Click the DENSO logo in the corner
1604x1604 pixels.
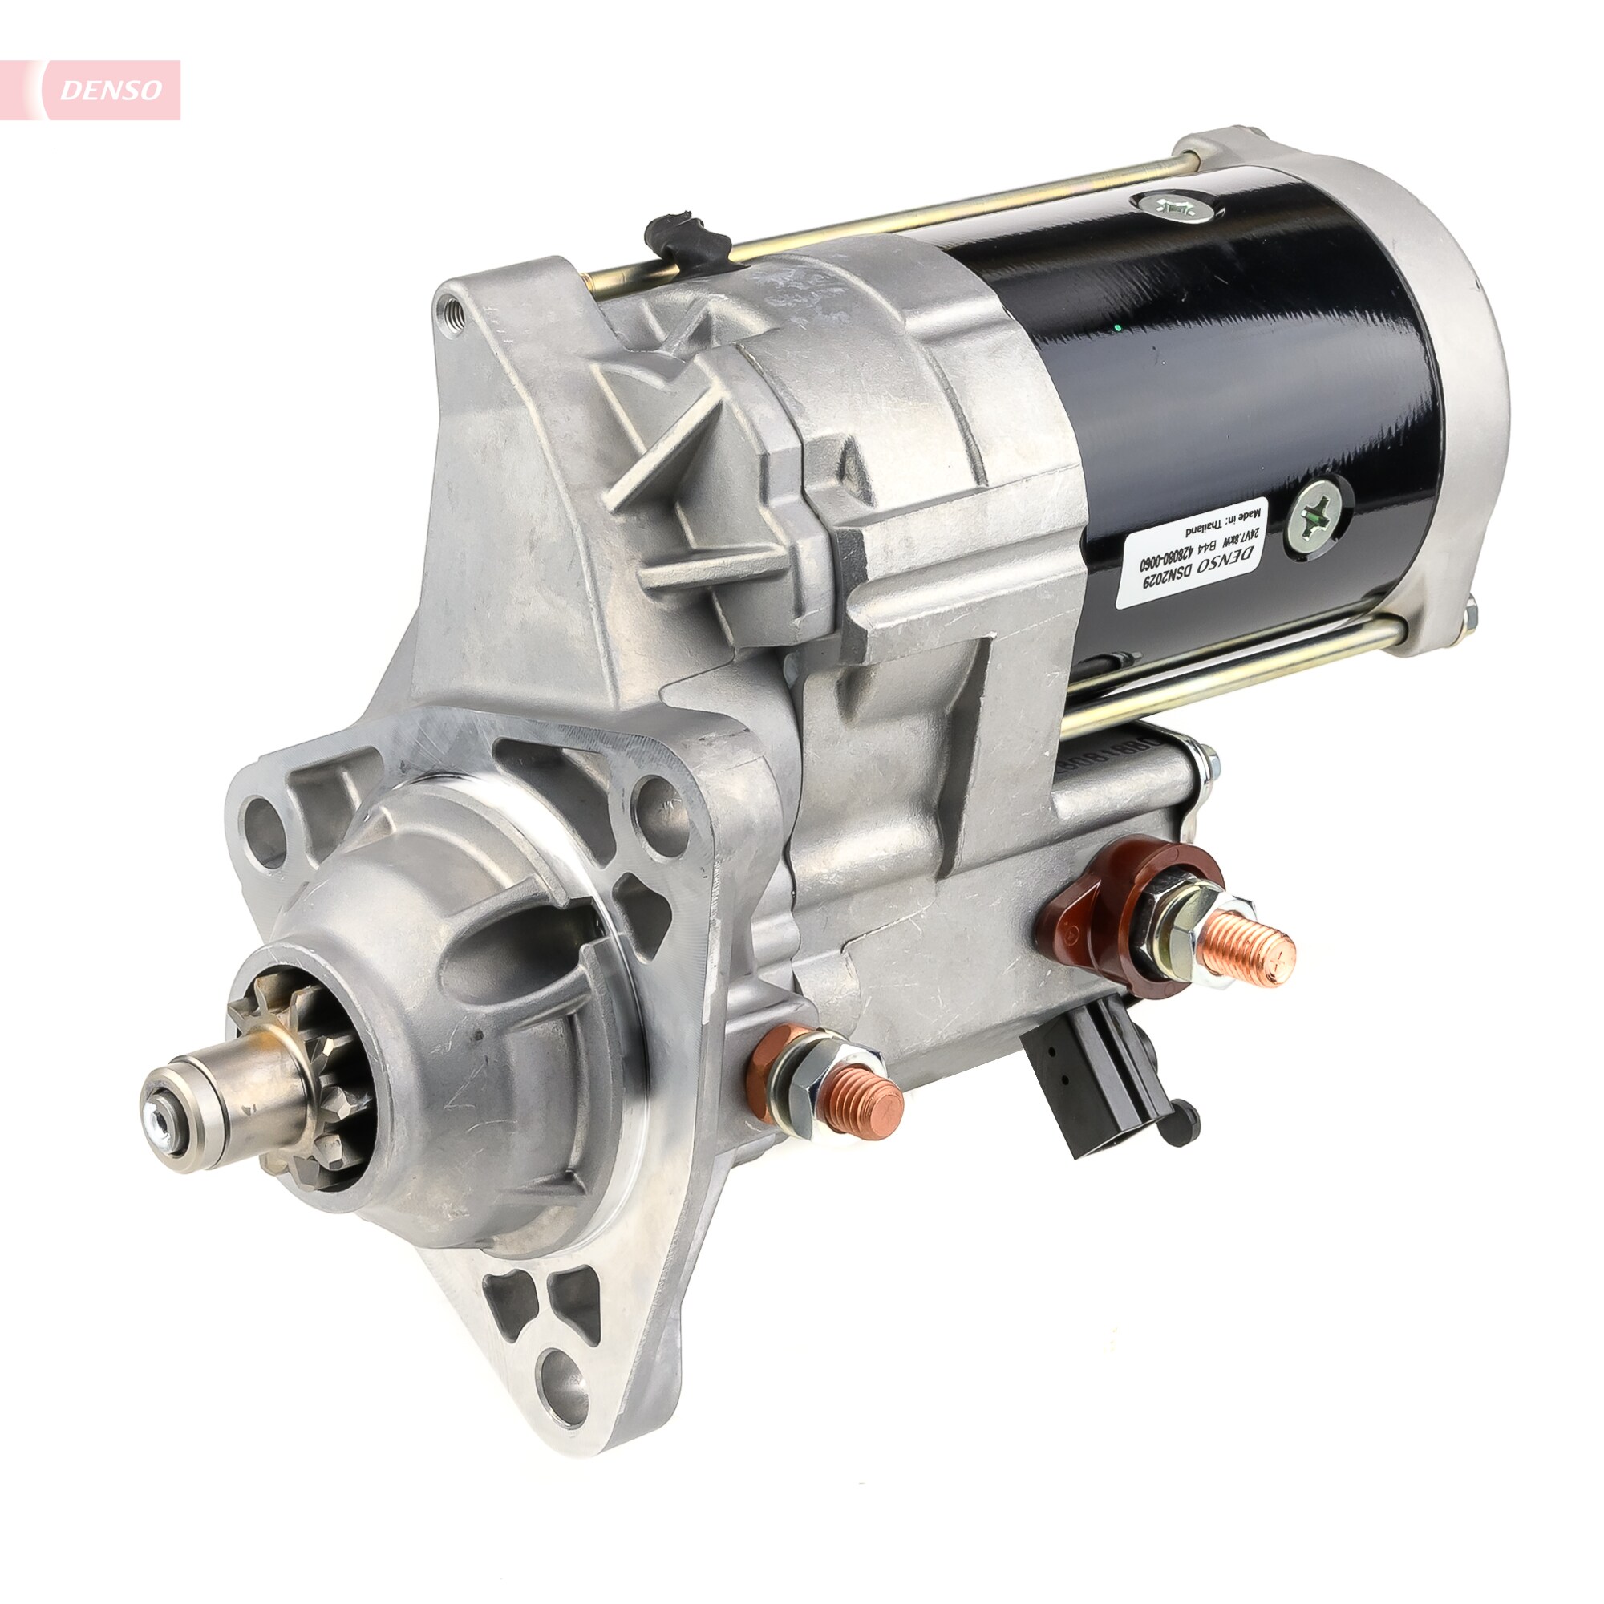(110, 91)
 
